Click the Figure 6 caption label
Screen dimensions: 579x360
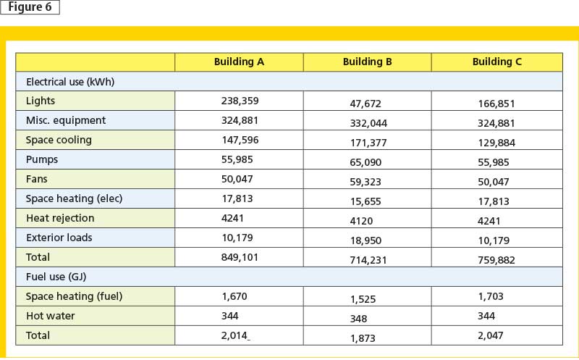click(30, 7)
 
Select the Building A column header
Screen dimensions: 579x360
click(239, 62)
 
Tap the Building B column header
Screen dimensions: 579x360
click(367, 62)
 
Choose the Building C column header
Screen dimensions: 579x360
click(496, 62)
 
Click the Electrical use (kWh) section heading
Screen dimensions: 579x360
click(70, 82)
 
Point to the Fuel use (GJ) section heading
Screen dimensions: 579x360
click(56, 277)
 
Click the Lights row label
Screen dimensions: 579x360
click(41, 101)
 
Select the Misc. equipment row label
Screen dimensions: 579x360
click(66, 120)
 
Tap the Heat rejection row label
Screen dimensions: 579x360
click(60, 218)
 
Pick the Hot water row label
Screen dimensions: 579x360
click(50, 316)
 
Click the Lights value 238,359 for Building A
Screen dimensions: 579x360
click(240, 101)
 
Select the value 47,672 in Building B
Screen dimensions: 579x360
click(365, 104)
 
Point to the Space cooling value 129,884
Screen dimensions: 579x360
click(496, 143)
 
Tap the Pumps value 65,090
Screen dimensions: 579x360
click(365, 163)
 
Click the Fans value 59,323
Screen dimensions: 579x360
click(365, 183)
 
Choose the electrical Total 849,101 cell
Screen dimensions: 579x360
click(240, 257)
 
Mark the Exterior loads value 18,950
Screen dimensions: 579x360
click(365, 241)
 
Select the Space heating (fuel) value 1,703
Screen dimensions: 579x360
click(491, 296)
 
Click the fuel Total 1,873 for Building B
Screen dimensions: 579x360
click(363, 338)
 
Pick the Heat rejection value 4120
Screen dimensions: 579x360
click(361, 221)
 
